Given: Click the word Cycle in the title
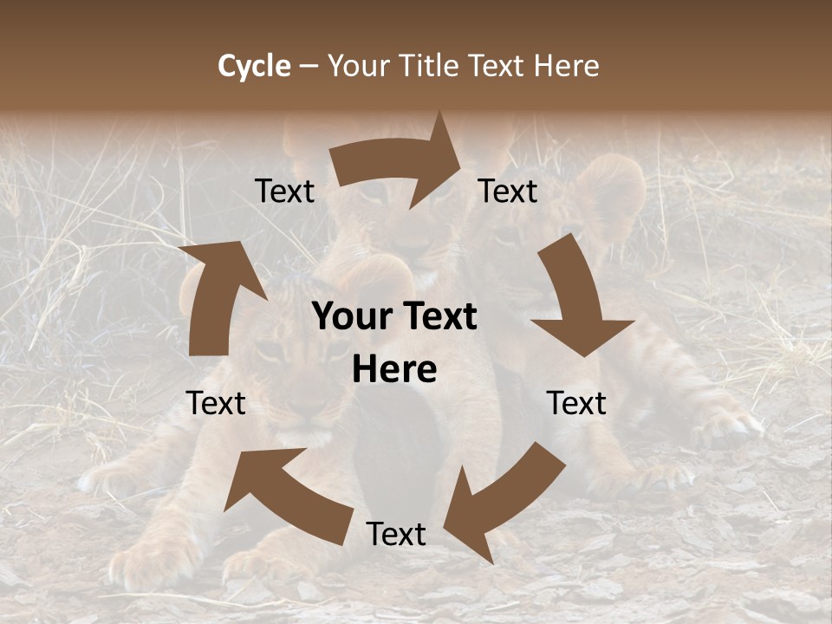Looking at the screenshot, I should tap(254, 66).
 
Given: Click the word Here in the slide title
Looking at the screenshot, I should tap(563, 66).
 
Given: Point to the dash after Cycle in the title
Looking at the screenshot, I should tap(309, 66).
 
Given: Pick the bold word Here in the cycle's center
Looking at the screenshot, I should tap(394, 370).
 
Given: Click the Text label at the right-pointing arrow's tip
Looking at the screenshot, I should tap(508, 191).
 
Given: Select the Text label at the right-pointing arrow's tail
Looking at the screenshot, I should tap(284, 191).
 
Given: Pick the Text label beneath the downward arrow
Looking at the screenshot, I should tap(576, 403).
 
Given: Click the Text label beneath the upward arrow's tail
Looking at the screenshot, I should tap(216, 403).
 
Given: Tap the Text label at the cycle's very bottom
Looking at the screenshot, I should tap(396, 534).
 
